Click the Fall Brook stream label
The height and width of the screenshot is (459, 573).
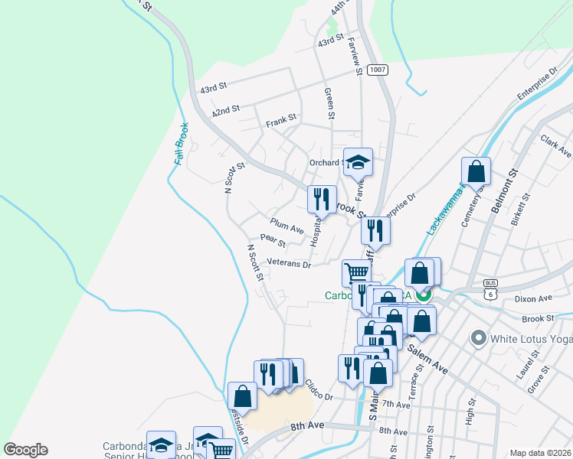[x=181, y=144]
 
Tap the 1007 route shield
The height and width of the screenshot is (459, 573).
[x=377, y=70]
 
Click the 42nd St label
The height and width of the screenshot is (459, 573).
[x=226, y=112]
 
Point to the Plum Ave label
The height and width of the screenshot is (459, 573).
[x=287, y=226]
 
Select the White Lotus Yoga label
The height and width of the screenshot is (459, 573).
[x=530, y=337]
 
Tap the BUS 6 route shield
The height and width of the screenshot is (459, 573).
[x=490, y=290]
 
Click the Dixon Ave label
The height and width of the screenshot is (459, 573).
[x=534, y=298]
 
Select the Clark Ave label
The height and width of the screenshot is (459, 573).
[x=556, y=147]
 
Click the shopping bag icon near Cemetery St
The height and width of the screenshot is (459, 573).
[x=476, y=171]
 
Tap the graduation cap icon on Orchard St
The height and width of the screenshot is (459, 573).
[x=358, y=162]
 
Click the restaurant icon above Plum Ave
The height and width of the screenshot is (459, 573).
[x=322, y=200]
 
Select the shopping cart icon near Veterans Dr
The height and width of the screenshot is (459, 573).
[x=355, y=272]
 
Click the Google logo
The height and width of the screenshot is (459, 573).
[x=25, y=450]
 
